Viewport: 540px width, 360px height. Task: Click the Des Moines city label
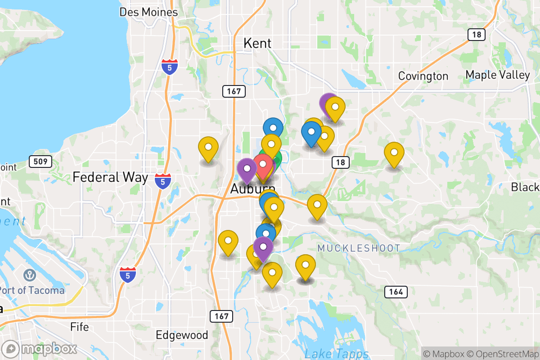tap(148, 12)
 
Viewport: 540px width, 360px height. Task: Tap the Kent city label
tap(257, 43)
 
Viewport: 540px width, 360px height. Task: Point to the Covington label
tap(423, 76)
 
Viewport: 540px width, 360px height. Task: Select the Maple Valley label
tap(498, 75)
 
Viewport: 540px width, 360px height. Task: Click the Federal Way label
tap(110, 177)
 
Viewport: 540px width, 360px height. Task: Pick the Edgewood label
tap(182, 335)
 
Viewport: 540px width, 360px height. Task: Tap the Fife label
tap(79, 327)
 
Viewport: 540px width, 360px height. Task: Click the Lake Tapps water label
tap(336, 354)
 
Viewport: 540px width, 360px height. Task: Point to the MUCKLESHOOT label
tap(359, 248)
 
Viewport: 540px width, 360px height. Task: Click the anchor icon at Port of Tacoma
tap(30, 274)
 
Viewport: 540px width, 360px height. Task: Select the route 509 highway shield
tap(40, 161)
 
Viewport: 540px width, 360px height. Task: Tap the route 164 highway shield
tap(396, 292)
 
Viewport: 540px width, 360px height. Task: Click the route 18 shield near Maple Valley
tap(476, 34)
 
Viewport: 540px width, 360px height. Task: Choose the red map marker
tap(263, 164)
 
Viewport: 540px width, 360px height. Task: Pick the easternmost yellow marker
tap(394, 153)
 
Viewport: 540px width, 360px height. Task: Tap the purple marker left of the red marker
tap(247, 169)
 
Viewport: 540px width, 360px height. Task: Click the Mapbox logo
tap(40, 349)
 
